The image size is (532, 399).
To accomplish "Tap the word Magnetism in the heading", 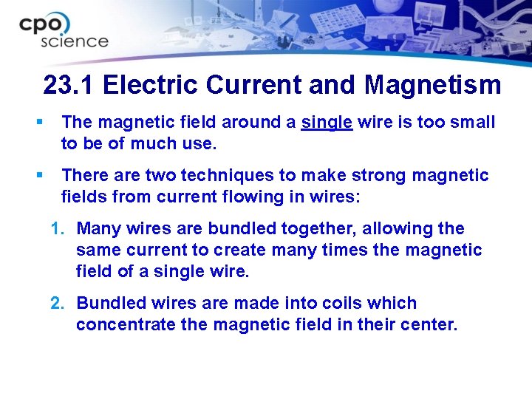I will click(432, 85).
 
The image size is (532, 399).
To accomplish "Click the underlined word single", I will click(327, 122).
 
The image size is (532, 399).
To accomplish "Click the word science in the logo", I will click(75, 41).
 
